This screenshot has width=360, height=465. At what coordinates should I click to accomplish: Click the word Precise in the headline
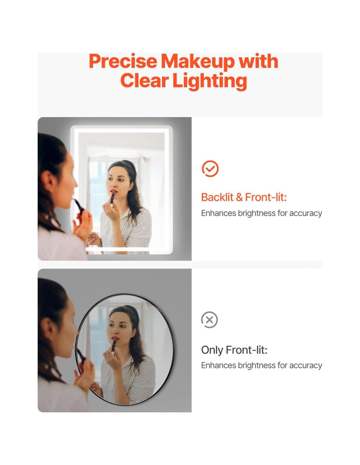(x=123, y=61)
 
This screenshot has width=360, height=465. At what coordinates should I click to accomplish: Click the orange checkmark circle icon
(x=210, y=169)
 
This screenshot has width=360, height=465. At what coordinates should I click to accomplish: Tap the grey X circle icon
(x=209, y=320)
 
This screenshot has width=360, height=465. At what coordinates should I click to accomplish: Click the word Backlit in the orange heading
(x=217, y=197)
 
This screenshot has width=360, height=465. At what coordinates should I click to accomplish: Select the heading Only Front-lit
(x=234, y=350)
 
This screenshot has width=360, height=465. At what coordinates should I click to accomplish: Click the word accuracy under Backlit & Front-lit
(x=306, y=214)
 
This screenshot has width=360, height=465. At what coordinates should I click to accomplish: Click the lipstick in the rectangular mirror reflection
(x=112, y=198)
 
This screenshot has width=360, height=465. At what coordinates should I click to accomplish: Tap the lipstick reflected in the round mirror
(x=114, y=346)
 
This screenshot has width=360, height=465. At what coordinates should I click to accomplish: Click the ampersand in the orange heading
(x=239, y=197)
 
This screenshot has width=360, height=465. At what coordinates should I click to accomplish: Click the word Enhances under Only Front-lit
(x=218, y=365)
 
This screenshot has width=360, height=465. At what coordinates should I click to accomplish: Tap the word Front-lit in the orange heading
(x=266, y=197)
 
